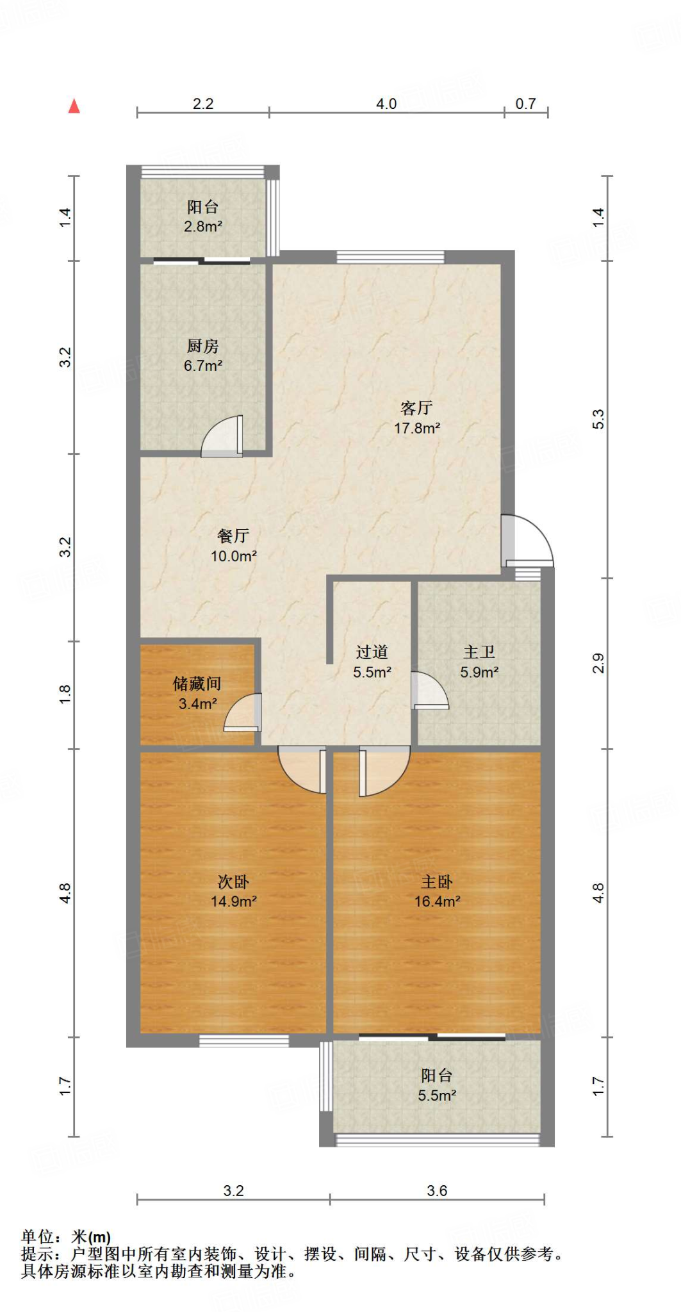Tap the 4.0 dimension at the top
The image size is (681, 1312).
click(x=386, y=104)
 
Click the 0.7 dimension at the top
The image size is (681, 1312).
click(x=525, y=104)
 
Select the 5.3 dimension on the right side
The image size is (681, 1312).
click(x=598, y=419)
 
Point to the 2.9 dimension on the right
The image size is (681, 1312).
click(x=598, y=663)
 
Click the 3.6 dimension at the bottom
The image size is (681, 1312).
click(x=437, y=1190)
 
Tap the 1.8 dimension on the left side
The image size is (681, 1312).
click(x=65, y=694)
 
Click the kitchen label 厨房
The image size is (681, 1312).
click(x=203, y=347)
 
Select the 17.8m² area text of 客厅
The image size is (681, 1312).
click(x=417, y=428)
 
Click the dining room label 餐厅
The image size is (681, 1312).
click(x=233, y=536)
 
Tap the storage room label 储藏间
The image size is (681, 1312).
click(x=197, y=684)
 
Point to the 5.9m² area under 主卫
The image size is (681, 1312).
click(x=479, y=672)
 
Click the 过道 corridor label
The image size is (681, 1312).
click(x=372, y=652)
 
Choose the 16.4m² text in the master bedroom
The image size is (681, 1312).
click(x=438, y=901)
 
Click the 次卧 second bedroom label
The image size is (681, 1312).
click(x=233, y=881)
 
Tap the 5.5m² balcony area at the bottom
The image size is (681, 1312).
click(x=437, y=1095)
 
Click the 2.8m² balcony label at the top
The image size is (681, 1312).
click(x=203, y=226)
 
